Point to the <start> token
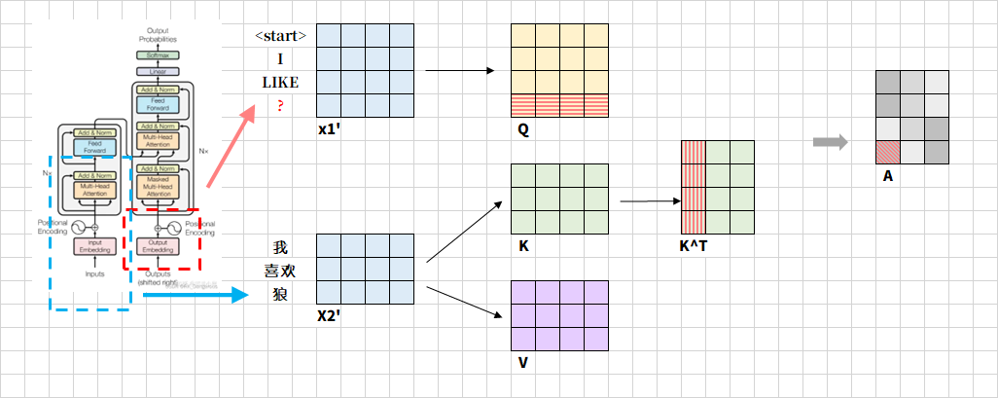click(280, 36)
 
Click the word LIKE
click(280, 82)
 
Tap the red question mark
click(280, 105)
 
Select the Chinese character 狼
click(280, 294)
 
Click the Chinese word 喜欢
click(280, 271)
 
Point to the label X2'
click(331, 317)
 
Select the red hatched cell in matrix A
click(887, 152)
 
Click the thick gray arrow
click(828, 143)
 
